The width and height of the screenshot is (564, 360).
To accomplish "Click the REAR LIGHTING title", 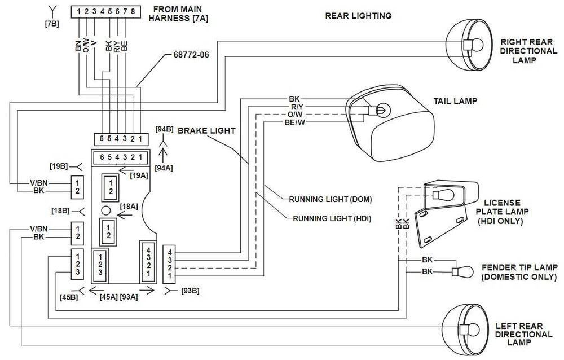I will pyautogui.click(x=358, y=16).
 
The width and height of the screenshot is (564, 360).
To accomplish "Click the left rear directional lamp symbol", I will pyautogui.click(x=466, y=329).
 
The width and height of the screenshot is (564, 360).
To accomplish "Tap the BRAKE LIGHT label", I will pyautogui.click(x=206, y=130).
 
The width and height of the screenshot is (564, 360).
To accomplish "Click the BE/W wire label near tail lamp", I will pyautogui.click(x=295, y=122).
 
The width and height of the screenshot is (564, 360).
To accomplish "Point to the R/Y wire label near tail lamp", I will pyautogui.click(x=297, y=106).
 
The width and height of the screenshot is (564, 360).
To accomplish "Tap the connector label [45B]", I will pyautogui.click(x=68, y=297).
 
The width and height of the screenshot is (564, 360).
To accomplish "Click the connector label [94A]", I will pyautogui.click(x=164, y=167).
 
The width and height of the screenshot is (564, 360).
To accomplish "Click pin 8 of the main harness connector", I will pyautogui.click(x=133, y=11).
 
